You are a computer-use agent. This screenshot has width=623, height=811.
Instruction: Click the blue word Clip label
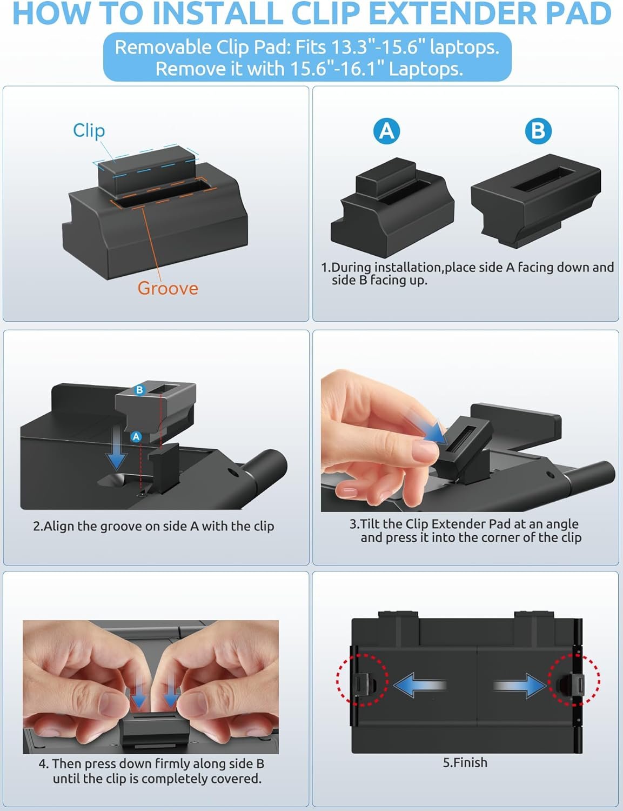[x=89, y=131]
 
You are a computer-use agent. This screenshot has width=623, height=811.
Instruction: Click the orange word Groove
[x=168, y=288]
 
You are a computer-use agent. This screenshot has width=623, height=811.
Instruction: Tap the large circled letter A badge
[x=387, y=131]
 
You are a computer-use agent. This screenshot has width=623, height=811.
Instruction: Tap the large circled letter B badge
[x=538, y=131]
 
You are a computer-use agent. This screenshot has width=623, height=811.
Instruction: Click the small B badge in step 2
[x=139, y=390]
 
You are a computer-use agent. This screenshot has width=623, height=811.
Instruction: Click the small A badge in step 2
[x=136, y=437]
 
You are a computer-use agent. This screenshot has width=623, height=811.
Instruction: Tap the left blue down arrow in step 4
[x=139, y=695]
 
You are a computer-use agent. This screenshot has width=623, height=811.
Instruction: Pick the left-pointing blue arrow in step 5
[x=420, y=685]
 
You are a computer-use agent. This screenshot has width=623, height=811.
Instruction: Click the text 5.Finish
[x=465, y=762]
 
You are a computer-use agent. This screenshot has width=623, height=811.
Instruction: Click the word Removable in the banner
[x=163, y=48]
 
